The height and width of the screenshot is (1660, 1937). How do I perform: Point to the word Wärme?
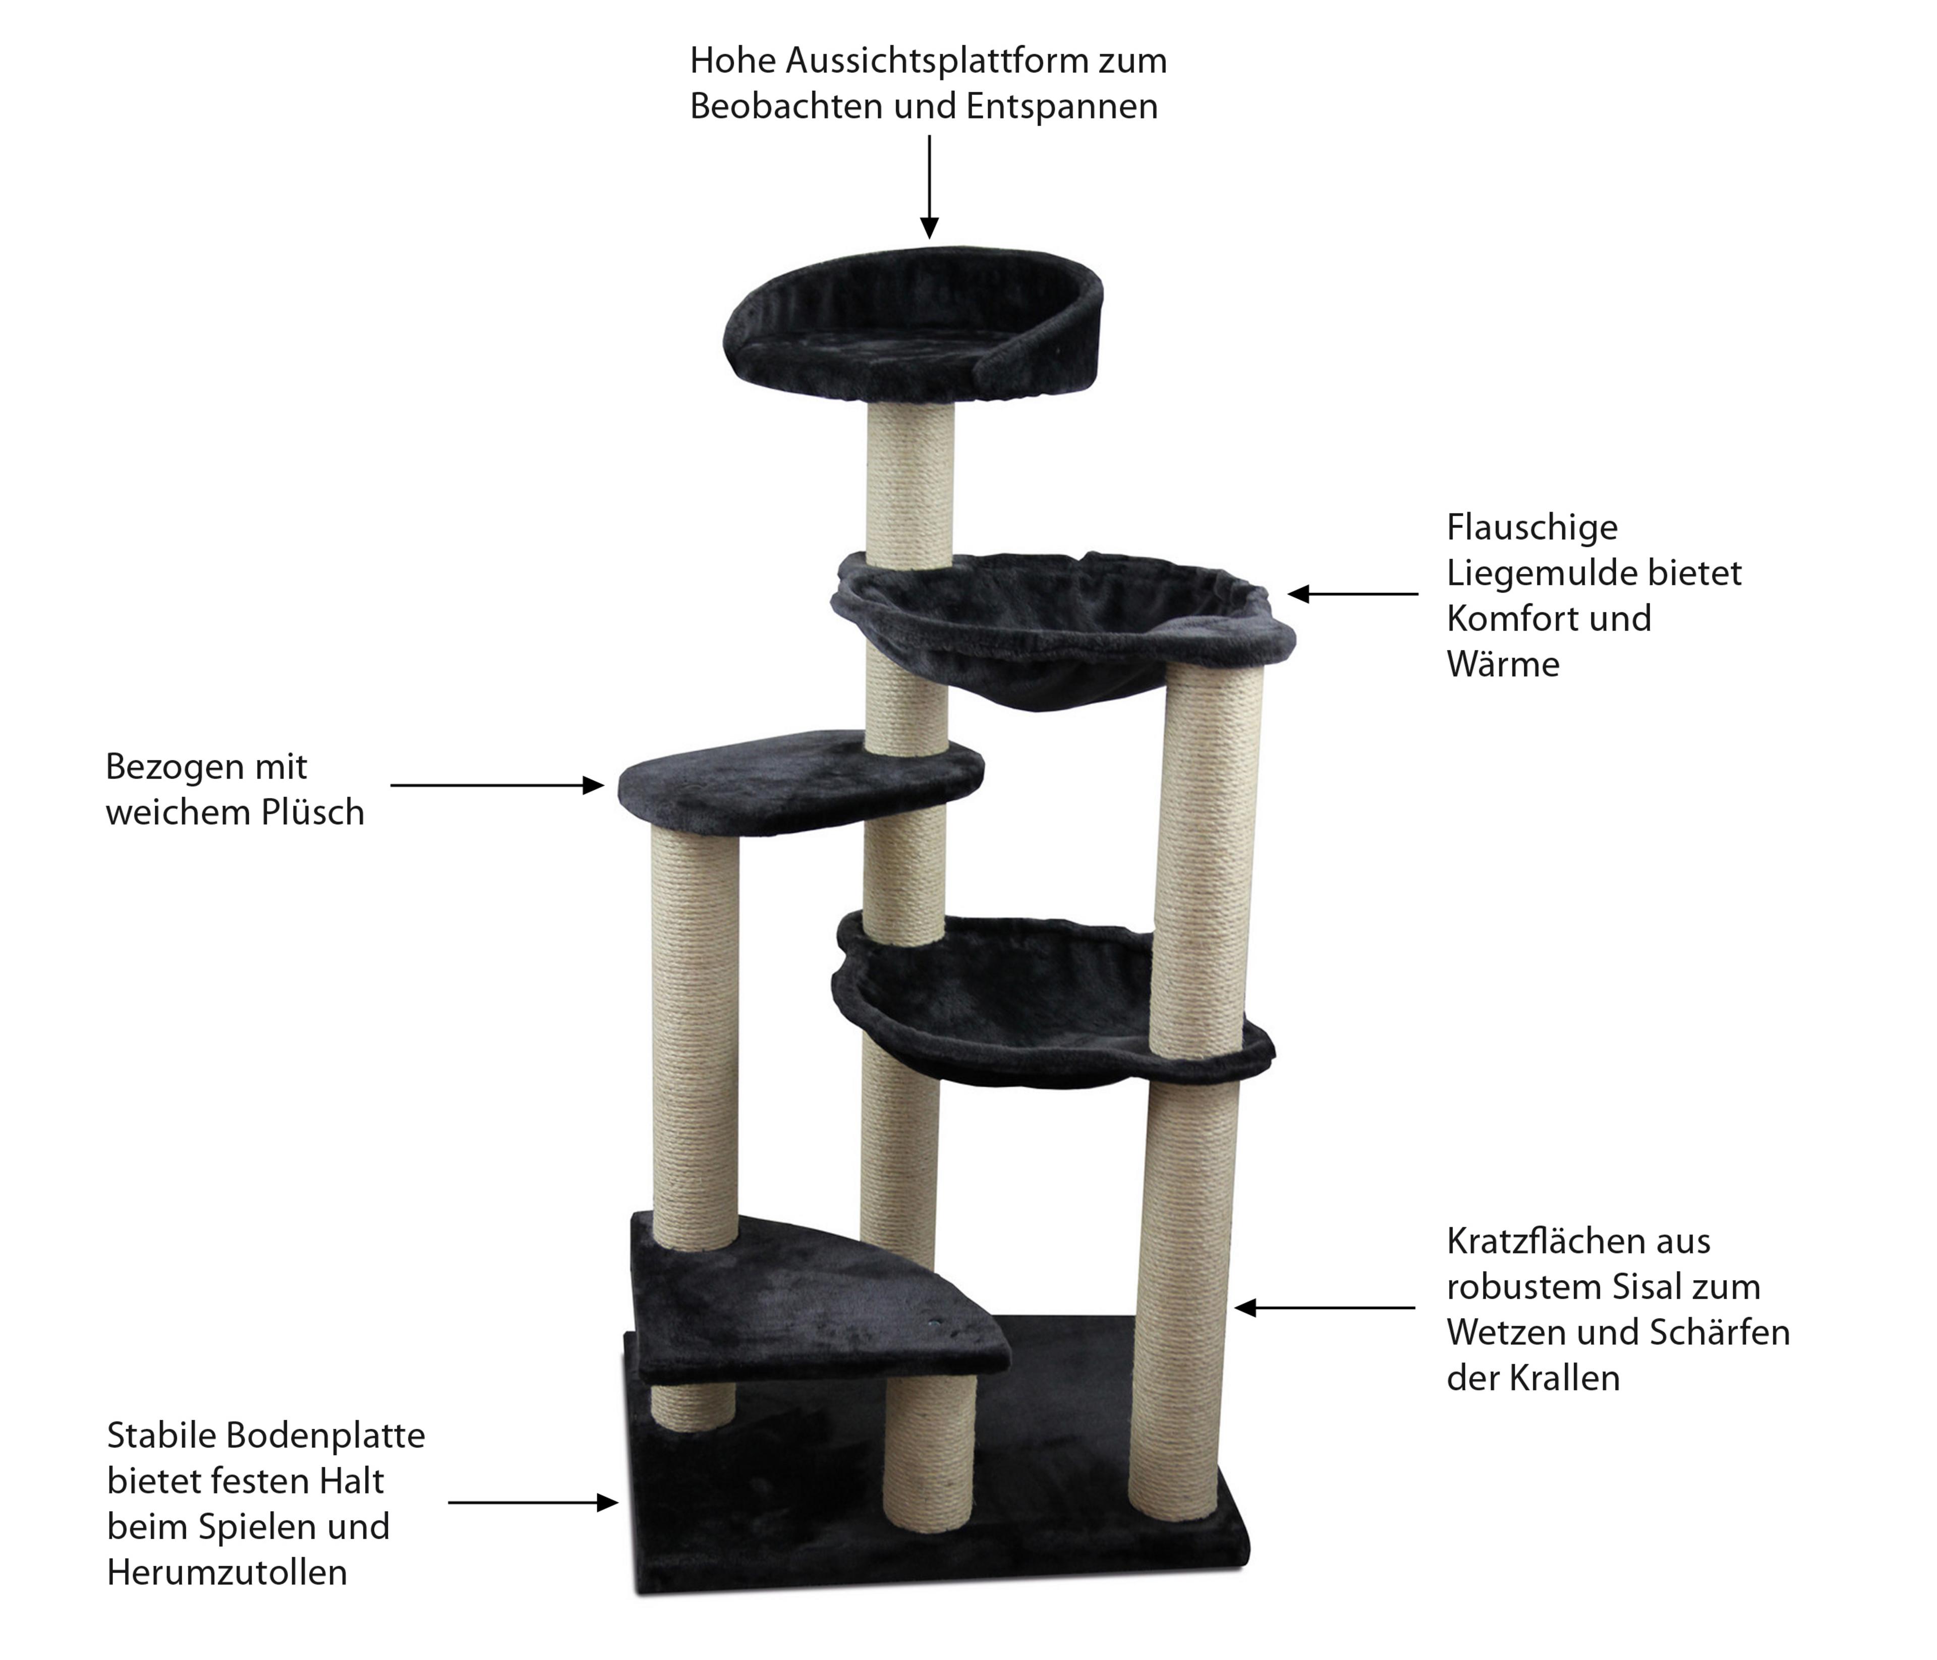1503,665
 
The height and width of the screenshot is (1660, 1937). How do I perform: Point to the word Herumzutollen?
227,1573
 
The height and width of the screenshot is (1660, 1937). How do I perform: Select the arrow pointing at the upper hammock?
1353,594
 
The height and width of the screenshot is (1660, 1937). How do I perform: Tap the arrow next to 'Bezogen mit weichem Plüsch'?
497,785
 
